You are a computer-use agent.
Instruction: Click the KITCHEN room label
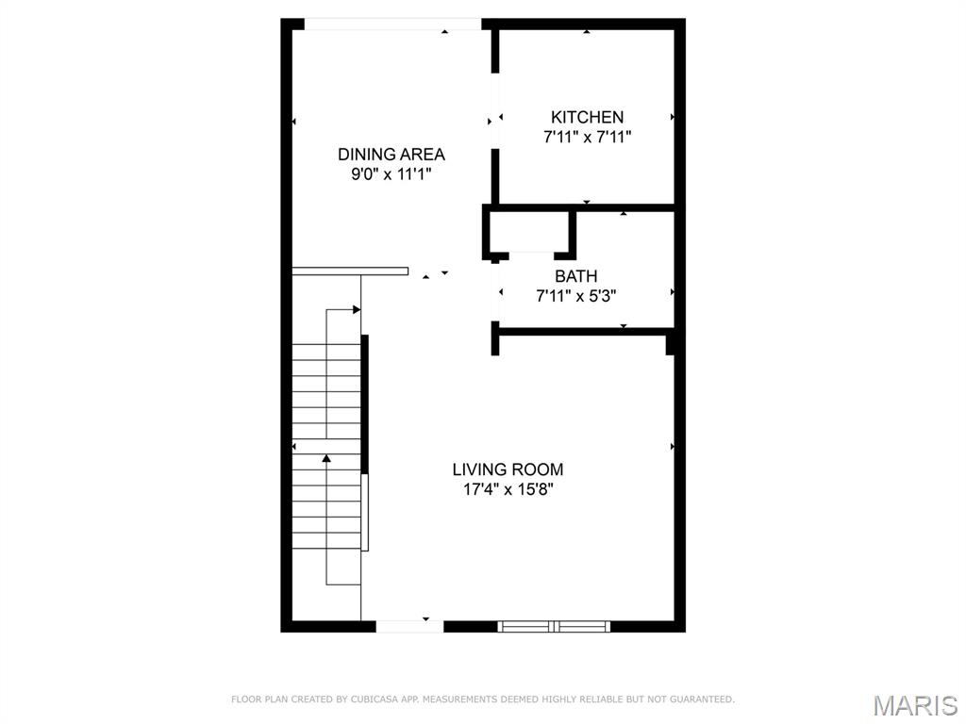[x=587, y=117]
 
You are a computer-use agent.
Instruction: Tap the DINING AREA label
[x=391, y=155]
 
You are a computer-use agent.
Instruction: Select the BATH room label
[x=575, y=276]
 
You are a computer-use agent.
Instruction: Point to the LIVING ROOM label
[x=508, y=469]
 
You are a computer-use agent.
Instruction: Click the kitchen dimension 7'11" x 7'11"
[x=587, y=137]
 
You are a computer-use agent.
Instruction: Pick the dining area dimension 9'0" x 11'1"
[x=391, y=174]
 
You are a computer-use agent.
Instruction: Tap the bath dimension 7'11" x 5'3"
[x=576, y=296]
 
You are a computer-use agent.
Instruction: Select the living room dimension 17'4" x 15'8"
[x=508, y=489]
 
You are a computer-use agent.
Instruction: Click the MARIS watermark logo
[x=915, y=704]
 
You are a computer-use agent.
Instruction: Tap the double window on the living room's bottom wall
[x=554, y=625]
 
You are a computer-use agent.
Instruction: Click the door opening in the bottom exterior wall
[x=409, y=625]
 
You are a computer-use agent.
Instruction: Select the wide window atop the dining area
[x=392, y=25]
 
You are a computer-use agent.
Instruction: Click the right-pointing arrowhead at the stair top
[x=357, y=309]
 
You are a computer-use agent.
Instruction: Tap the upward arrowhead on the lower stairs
[x=326, y=458]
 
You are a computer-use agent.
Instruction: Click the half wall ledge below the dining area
[x=350, y=271]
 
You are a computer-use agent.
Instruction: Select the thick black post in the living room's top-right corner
[x=671, y=342]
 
